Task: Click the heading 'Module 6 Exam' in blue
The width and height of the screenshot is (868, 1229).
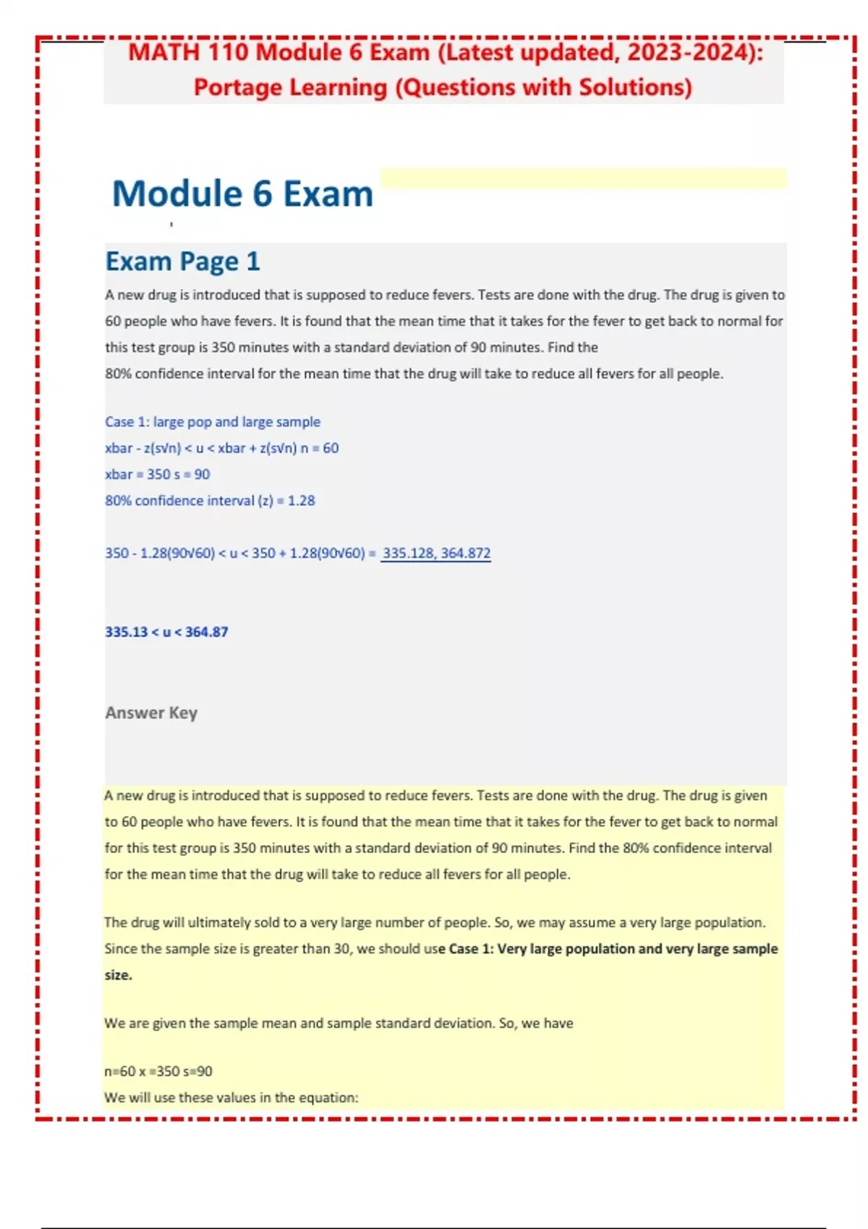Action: point(242,194)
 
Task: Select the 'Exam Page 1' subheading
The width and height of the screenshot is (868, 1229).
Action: point(182,261)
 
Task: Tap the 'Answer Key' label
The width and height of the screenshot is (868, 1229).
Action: point(151,713)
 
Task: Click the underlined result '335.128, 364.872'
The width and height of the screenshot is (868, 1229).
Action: point(436,553)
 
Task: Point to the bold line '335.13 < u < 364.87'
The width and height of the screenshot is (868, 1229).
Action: point(166,632)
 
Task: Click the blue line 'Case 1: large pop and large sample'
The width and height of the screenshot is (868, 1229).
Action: point(213,421)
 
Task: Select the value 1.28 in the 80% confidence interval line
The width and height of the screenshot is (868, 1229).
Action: point(301,500)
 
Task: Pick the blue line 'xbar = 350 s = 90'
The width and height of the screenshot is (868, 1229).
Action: point(158,474)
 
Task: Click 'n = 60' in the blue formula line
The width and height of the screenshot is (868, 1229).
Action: point(320,448)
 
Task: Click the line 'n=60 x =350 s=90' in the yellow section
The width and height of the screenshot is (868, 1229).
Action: point(158,1071)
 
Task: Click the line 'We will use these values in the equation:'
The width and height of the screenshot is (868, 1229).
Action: point(231,1097)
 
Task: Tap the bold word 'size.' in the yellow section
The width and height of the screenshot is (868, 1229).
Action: point(119,975)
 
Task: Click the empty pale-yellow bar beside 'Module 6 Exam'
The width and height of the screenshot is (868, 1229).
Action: point(583,178)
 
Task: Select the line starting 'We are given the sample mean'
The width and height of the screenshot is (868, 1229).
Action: point(339,1023)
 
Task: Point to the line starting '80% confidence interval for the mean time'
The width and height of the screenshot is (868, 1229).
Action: point(414,374)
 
